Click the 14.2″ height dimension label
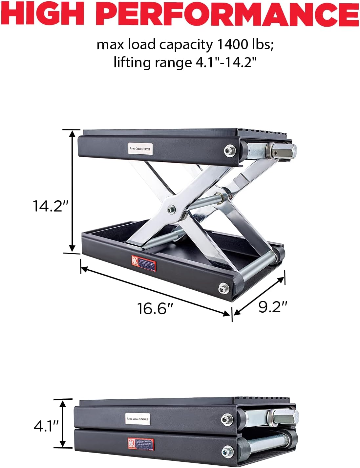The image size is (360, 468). (51, 206)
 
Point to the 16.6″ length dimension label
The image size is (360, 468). (155, 308)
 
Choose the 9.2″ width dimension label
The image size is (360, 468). (273, 306)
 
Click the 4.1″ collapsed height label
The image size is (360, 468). (46, 426)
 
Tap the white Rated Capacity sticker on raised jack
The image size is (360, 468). (140, 149)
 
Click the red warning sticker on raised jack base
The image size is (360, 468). (144, 263)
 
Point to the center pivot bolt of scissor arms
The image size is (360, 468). (171, 210)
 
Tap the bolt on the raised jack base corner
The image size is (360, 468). (223, 288)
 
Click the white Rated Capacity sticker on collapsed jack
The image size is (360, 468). (138, 419)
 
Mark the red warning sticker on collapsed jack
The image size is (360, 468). (141, 444)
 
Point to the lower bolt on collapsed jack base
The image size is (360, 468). (226, 450)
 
